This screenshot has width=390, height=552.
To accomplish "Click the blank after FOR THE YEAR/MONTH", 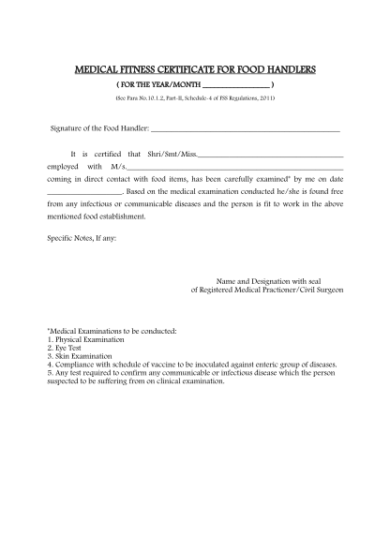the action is tap(236, 85).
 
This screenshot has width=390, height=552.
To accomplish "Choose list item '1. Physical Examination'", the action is tap(86, 341).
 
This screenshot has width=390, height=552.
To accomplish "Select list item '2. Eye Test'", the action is tap(67, 350).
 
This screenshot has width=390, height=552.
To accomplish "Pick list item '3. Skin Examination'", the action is tap(81, 358).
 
